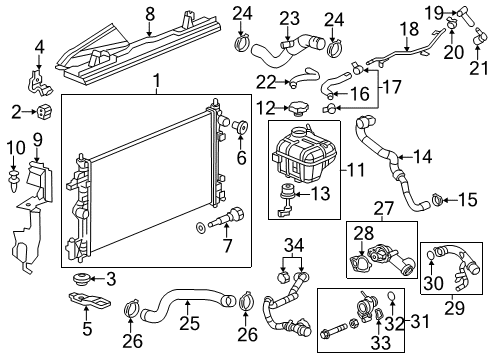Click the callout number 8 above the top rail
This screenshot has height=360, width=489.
150,14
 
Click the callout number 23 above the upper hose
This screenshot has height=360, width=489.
289,17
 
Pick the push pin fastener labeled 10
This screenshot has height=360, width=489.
15,181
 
